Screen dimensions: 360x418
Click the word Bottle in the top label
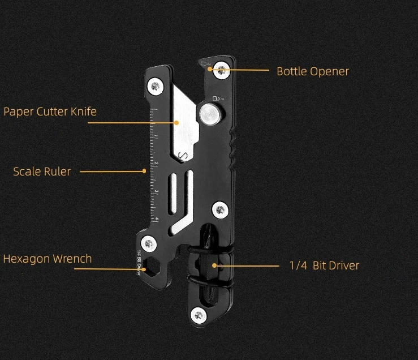(290, 71)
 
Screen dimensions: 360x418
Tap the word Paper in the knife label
(18, 112)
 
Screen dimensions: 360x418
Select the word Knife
(83, 111)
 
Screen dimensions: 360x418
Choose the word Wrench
(72, 259)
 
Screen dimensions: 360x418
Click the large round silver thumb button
(209, 114)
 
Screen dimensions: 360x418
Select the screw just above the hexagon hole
(149, 244)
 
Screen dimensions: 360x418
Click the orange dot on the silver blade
(177, 122)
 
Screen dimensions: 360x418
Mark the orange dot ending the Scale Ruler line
(144, 171)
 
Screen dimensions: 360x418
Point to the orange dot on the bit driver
(214, 264)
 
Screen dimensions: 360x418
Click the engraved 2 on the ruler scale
(157, 164)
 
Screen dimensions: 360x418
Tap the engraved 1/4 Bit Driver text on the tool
(139, 262)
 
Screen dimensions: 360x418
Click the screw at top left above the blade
(156, 87)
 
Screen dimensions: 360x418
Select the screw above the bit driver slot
(219, 209)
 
